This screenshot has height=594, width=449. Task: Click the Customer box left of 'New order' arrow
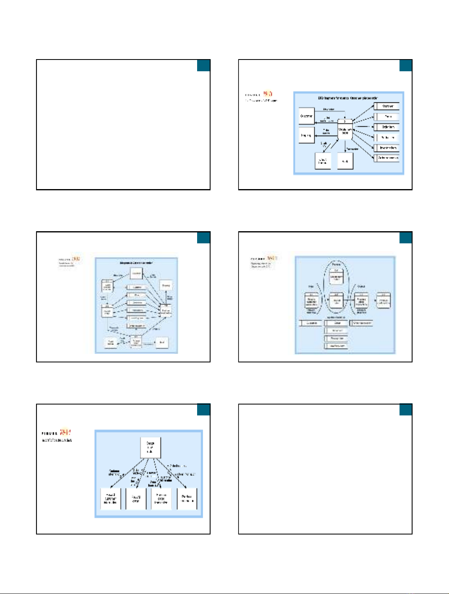click(307, 116)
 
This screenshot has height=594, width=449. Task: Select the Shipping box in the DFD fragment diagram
click(307, 135)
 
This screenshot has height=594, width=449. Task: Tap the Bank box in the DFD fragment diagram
click(345, 161)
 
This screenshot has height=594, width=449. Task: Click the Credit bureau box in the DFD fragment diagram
click(323, 161)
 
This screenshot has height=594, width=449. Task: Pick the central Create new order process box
click(345, 129)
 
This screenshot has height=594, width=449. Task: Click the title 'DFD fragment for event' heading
click(348, 98)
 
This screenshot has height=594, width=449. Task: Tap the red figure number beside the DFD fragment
click(268, 94)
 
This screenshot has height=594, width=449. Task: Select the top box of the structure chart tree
click(150, 447)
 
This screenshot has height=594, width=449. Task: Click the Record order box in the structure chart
click(136, 499)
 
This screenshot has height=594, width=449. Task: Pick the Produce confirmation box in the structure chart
click(187, 499)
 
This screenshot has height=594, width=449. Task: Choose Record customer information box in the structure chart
click(111, 499)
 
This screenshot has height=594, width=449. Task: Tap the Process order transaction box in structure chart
click(161, 499)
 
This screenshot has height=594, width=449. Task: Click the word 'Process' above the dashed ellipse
click(336, 264)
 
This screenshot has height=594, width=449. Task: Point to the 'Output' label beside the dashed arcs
click(361, 286)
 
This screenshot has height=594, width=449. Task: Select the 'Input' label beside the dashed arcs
click(311, 286)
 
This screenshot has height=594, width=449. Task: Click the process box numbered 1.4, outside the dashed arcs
click(384, 301)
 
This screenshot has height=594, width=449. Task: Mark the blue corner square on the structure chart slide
click(204, 410)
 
